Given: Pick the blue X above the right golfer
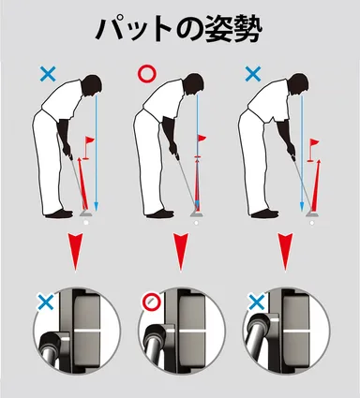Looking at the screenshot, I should tap(251, 73).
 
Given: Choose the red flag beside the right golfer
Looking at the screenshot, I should tap(314, 145).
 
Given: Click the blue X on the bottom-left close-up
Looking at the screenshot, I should tap(43, 302).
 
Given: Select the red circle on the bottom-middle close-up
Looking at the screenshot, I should tap(148, 302).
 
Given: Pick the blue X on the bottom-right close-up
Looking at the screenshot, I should tap(253, 302).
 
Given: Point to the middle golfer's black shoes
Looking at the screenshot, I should tap(160, 214).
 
